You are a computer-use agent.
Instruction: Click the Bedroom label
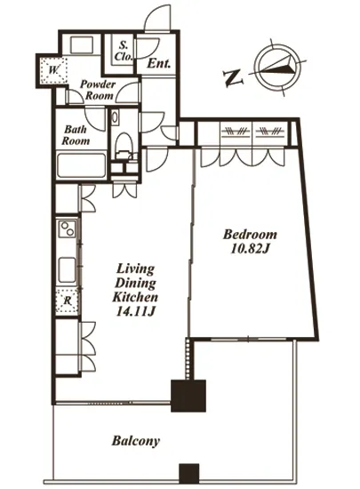click(250, 235)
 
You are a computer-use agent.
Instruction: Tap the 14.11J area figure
click(135, 311)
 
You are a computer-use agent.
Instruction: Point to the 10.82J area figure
click(250, 249)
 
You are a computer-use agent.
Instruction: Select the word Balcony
click(136, 441)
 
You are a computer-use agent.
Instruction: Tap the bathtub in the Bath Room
click(82, 165)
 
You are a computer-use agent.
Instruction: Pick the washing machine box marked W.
click(53, 70)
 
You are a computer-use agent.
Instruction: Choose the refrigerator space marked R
click(67, 301)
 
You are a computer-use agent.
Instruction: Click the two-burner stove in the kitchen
click(68, 228)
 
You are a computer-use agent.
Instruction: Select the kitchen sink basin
click(67, 270)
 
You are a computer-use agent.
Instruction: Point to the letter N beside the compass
click(234, 78)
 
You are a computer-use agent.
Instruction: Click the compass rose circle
click(278, 67)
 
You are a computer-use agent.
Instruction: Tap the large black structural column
click(188, 396)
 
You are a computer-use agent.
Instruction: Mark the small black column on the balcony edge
click(188, 473)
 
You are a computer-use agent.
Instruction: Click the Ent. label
click(159, 64)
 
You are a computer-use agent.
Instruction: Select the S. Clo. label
click(124, 52)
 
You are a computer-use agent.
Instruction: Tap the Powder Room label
click(98, 90)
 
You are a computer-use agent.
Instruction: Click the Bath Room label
click(76, 135)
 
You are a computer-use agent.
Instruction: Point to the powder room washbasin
click(82, 45)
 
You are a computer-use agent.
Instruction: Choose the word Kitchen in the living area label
click(135, 297)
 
